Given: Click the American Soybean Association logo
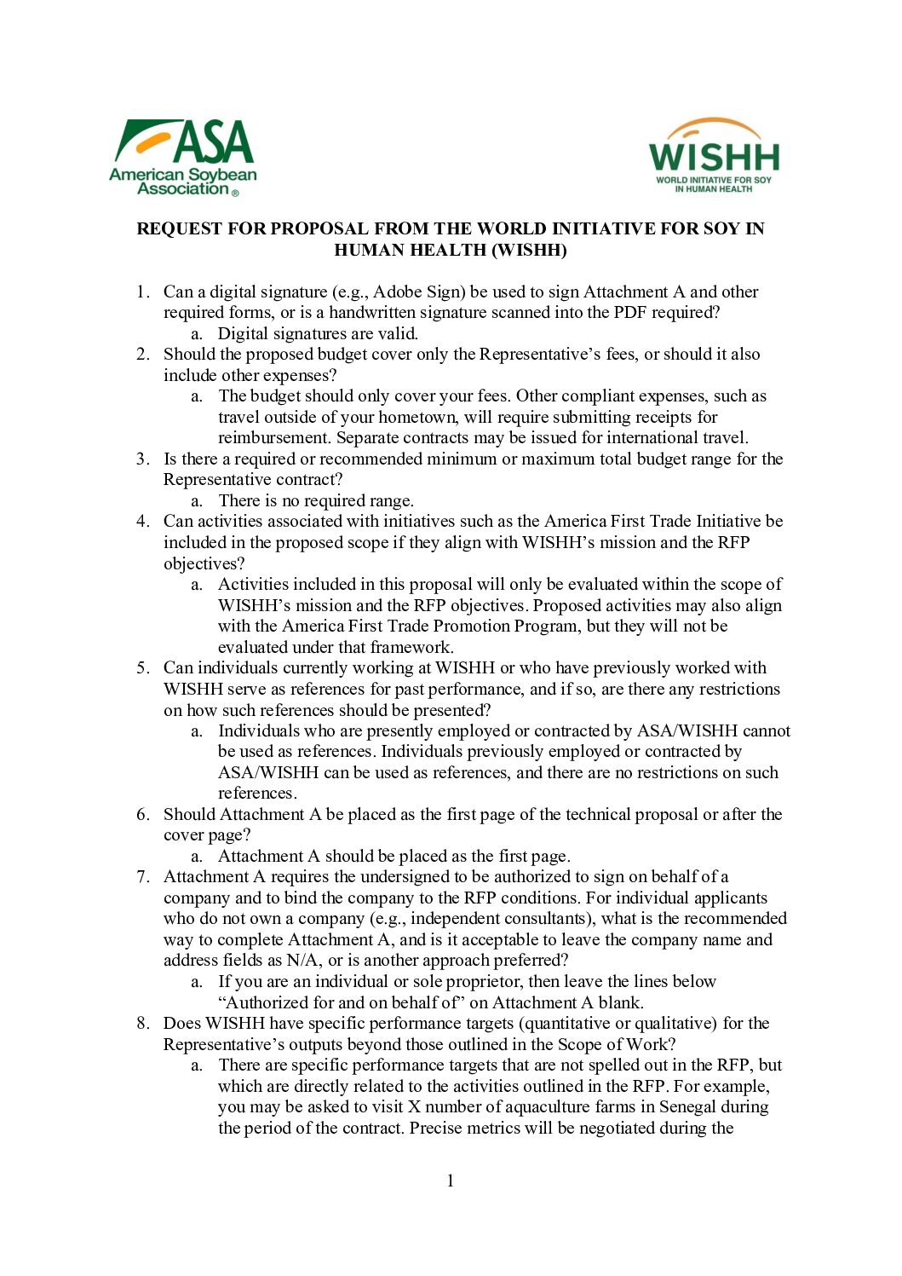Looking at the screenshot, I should coord(182,157).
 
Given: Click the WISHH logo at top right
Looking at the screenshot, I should coord(714,156).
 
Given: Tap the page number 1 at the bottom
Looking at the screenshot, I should coord(451,1181).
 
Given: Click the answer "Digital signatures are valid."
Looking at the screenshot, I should coord(318,333).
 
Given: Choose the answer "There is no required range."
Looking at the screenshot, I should coord(316,500).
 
